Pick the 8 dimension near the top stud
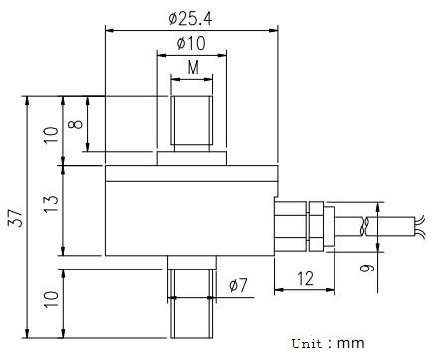[x=75, y=126]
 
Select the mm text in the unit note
[x=351, y=343]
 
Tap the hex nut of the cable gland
[x=318, y=227]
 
